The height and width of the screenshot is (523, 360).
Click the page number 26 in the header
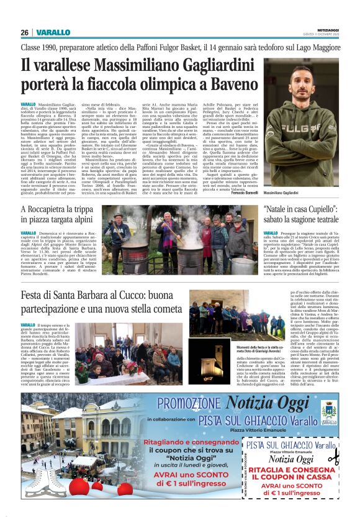coord(25,32)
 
